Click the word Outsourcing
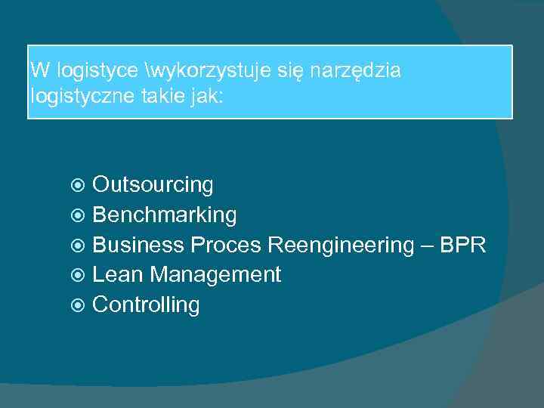[x=153, y=185]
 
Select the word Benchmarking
[x=164, y=215]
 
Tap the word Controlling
[x=146, y=305]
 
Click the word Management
[x=215, y=275]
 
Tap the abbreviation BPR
[x=462, y=246]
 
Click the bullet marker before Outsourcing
[x=79, y=185]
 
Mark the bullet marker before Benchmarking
[x=79, y=215]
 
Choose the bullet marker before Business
[x=79, y=246]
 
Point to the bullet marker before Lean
[x=79, y=276]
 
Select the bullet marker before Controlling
[x=79, y=306]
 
